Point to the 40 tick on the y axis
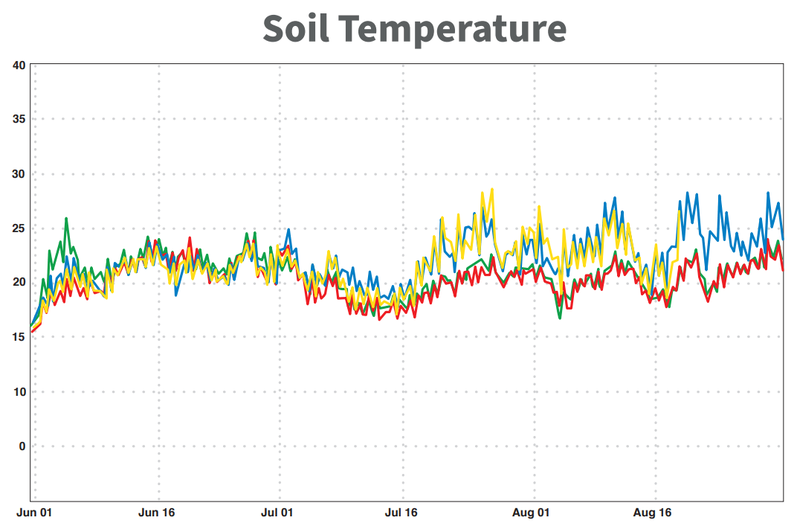click(x=19, y=65)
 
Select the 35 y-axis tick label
click(x=19, y=120)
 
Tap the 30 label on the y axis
click(x=19, y=174)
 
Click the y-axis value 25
click(x=19, y=228)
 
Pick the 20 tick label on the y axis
click(x=19, y=283)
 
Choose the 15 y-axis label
click(x=19, y=337)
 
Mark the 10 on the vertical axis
click(x=19, y=392)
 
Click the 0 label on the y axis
click(x=22, y=446)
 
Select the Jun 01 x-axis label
click(x=34, y=513)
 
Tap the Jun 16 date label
click(x=157, y=513)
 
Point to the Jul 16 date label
click(x=402, y=513)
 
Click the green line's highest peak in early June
click(x=66, y=219)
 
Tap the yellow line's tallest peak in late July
click(x=491, y=189)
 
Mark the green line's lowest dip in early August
click(x=560, y=318)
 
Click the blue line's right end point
click(x=783, y=239)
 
